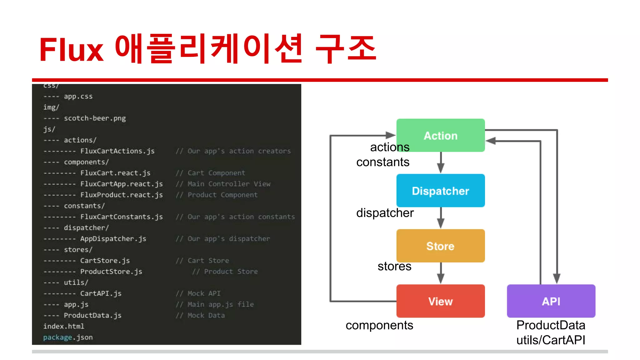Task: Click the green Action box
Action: (x=440, y=135)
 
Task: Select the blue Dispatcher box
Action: (x=440, y=191)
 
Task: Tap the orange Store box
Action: (x=440, y=246)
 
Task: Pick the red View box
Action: (x=440, y=301)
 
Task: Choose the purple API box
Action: (x=551, y=301)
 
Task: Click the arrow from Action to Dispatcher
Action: (x=441, y=162)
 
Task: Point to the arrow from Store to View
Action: (x=441, y=273)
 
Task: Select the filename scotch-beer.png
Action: (x=95, y=118)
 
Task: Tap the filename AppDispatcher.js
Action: (x=113, y=239)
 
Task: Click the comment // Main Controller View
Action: (x=223, y=184)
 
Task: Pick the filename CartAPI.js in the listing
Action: (x=101, y=293)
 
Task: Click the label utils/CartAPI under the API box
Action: (x=551, y=340)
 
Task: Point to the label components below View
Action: (x=379, y=325)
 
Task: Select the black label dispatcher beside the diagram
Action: (x=385, y=213)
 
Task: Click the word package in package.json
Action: (x=57, y=337)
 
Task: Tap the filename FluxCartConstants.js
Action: (x=121, y=217)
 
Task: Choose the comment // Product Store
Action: (x=225, y=272)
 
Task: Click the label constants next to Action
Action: (x=382, y=162)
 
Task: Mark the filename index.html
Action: (x=63, y=326)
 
